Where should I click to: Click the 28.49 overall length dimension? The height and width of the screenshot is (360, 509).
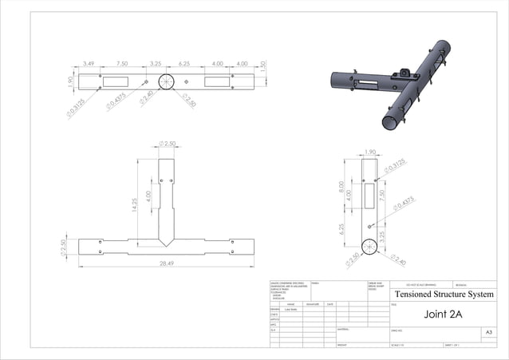(x=167, y=263)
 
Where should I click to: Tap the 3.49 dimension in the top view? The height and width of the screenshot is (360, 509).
(x=89, y=63)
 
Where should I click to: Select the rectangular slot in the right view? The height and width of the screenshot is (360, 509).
(x=369, y=192)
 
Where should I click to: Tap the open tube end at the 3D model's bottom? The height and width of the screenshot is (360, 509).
(x=392, y=122)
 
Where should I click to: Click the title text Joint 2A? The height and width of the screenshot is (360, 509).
(x=442, y=313)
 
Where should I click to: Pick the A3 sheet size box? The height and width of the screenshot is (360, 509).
(x=488, y=331)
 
